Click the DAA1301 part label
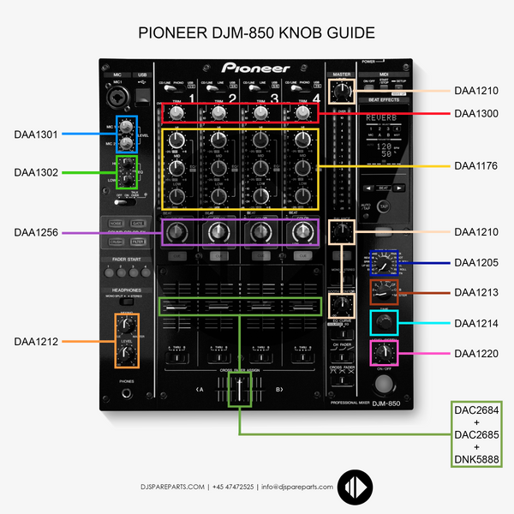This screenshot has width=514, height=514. click(36, 134)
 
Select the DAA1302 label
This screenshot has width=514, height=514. click(36, 172)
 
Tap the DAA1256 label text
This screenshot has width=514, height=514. click(36, 231)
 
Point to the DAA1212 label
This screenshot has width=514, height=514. click(36, 341)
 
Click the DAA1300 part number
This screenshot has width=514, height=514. click(476, 113)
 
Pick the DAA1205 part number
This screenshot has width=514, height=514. click(476, 262)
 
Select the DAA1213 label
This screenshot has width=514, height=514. click(476, 292)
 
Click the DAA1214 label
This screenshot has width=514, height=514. click(476, 323)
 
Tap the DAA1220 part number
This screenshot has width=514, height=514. click(476, 353)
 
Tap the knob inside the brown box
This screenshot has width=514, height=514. click(383, 291)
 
